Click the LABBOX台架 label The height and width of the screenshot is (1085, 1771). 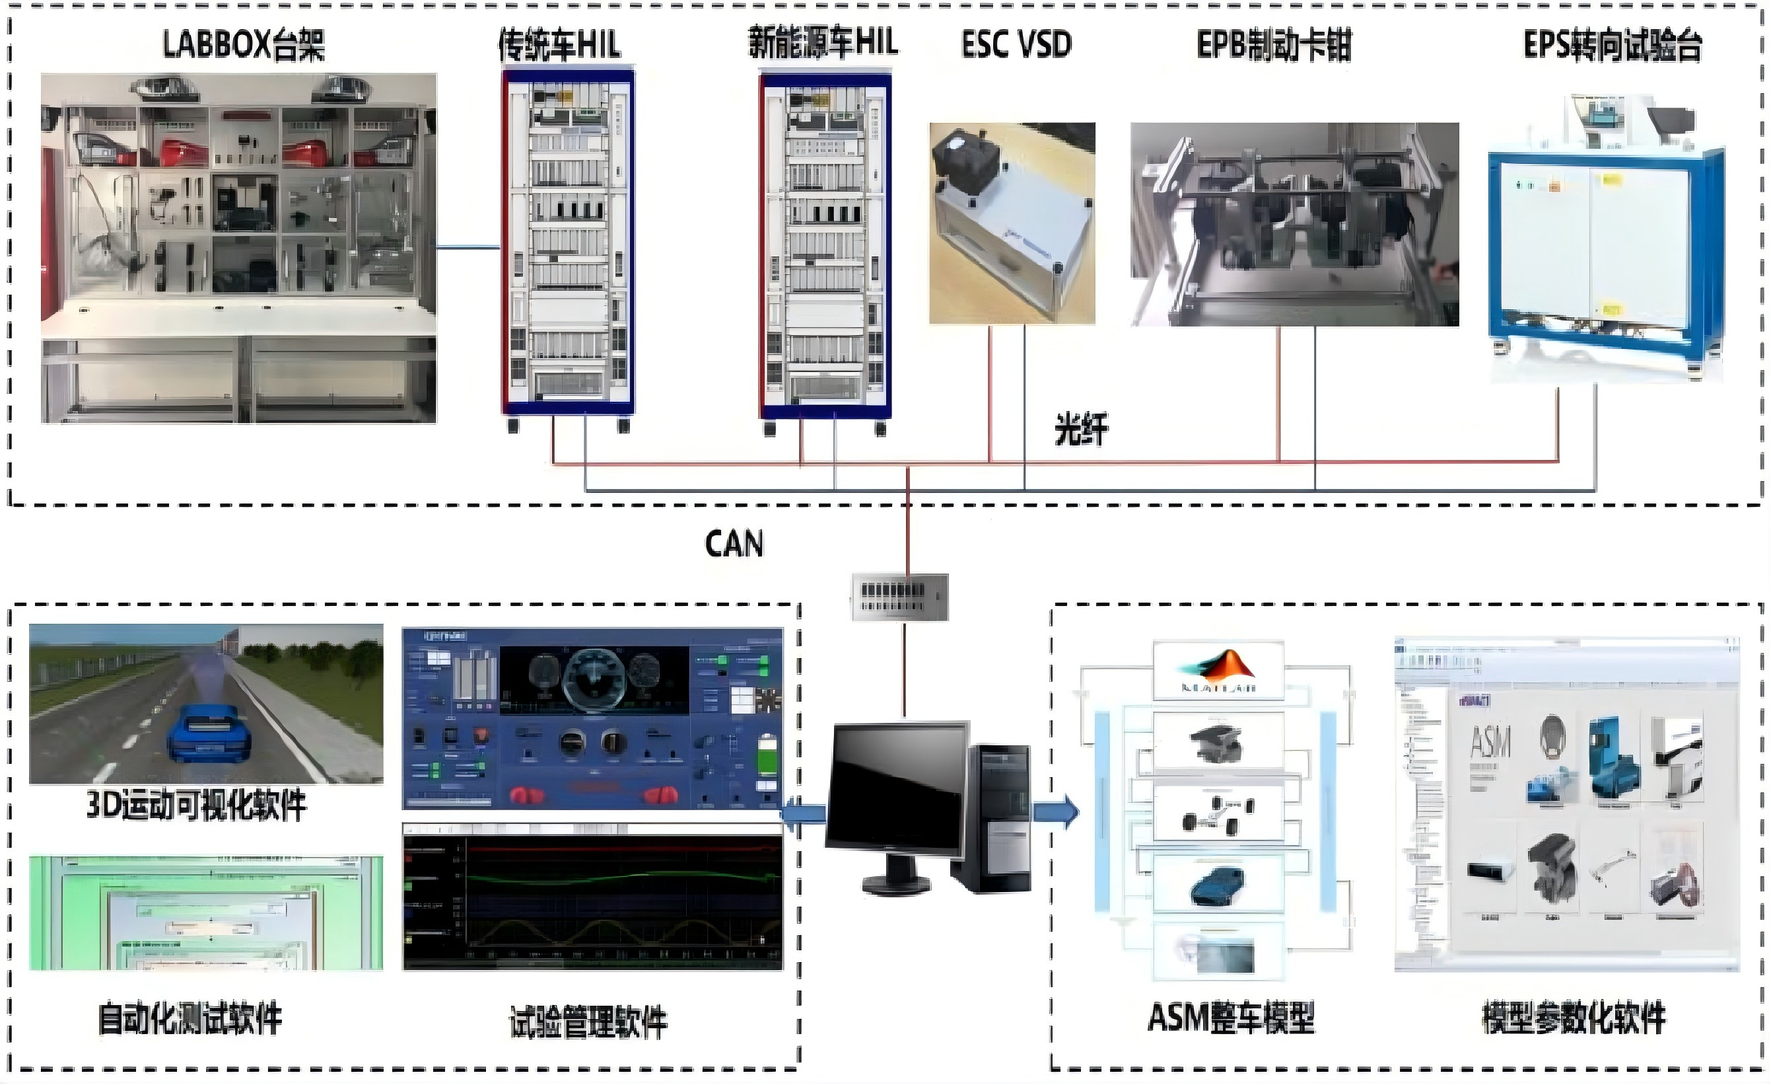(243, 44)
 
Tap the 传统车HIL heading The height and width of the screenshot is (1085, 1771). (560, 44)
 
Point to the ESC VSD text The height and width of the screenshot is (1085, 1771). (1016, 44)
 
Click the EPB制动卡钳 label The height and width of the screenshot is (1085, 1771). (1274, 44)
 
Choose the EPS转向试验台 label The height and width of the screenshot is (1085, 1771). (1612, 44)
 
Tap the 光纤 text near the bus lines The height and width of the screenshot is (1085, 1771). (1081, 430)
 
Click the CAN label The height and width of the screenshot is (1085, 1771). (734, 544)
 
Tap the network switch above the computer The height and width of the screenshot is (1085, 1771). (900, 597)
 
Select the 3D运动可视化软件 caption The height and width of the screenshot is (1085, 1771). (196, 805)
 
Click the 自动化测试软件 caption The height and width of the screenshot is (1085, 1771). (190, 1018)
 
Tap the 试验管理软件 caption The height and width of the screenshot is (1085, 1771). (588, 1022)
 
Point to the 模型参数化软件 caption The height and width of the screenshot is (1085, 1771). (1574, 1018)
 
